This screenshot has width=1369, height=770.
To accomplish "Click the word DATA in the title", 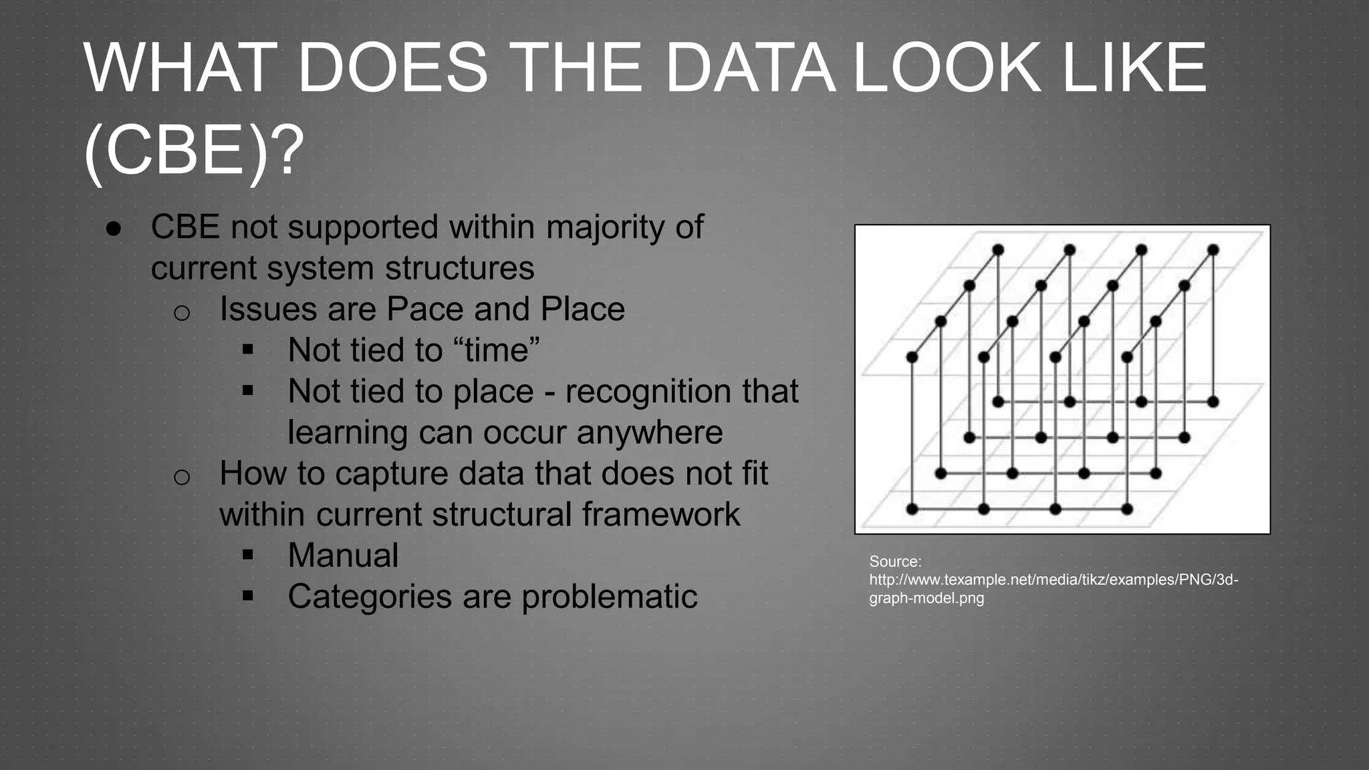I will [750, 68].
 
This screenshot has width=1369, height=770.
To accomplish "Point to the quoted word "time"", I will [496, 350].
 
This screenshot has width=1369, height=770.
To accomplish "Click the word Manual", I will [343, 555].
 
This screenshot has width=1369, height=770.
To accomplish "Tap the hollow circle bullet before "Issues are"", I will [182, 312].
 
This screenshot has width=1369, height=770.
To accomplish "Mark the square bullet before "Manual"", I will [248, 554].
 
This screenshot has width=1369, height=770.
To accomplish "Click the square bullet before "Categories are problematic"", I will [248, 596].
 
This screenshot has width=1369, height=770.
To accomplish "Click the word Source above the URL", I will [894, 561].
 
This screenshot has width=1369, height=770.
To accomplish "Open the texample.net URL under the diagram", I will [1053, 580].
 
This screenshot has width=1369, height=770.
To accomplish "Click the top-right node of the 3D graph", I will [1213, 250].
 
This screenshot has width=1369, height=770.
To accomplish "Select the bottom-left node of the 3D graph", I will [912, 509].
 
